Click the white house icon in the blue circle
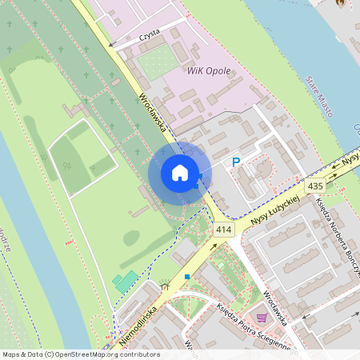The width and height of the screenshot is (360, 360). point(180,173)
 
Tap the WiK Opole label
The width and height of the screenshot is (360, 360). point(208,70)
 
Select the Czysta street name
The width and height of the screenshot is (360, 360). point(150,32)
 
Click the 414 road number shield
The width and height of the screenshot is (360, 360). point(223,230)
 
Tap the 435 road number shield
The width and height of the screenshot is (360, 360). point(315,186)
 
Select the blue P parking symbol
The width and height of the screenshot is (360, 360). point(235,162)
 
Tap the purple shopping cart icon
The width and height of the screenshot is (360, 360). point(260,318)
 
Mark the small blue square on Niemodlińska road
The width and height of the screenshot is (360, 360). point(186,277)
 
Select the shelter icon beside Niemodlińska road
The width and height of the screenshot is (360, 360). point(164,283)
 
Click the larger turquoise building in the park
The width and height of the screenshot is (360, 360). point(126,282)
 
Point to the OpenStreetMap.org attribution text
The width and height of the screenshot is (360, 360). point(80,354)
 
